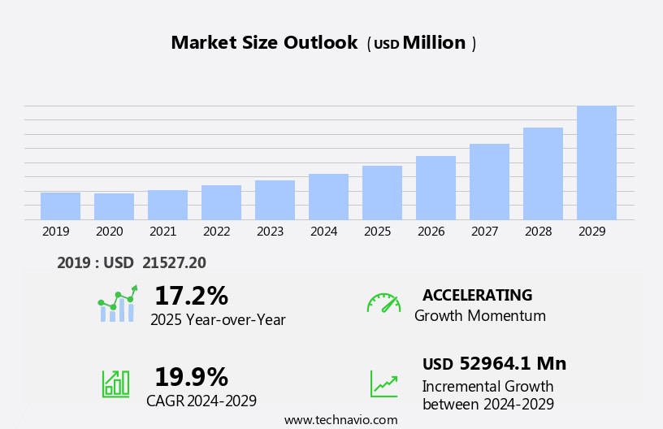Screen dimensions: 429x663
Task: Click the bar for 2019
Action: pyautogui.click(x=60, y=206)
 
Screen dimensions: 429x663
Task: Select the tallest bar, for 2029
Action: pyautogui.click(x=596, y=163)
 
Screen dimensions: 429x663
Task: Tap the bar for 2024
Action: pyautogui.click(x=328, y=197)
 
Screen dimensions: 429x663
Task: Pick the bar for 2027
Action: pyautogui.click(x=489, y=182)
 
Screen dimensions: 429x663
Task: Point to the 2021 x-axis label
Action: pyautogui.click(x=162, y=232)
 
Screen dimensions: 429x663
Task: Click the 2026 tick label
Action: pyautogui.click(x=431, y=232)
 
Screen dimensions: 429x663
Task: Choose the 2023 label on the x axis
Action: pyautogui.click(x=270, y=232)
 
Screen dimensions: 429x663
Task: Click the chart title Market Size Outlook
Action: pyautogui.click(x=264, y=43)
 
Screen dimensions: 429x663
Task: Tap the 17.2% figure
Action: pyautogui.click(x=191, y=296)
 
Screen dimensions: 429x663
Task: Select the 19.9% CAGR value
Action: pyautogui.click(x=191, y=377)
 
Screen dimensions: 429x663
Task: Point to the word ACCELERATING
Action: pyautogui.click(x=477, y=295)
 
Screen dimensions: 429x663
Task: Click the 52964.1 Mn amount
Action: pyautogui.click(x=513, y=363)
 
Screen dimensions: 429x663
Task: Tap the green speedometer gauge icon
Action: pyautogui.click(x=383, y=303)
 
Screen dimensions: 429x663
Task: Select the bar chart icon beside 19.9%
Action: pyautogui.click(x=115, y=383)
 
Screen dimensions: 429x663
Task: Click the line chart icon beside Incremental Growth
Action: pyautogui.click(x=383, y=383)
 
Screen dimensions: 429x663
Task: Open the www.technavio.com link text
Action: pyautogui.click(x=340, y=420)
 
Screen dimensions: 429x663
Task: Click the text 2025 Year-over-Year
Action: pyautogui.click(x=218, y=320)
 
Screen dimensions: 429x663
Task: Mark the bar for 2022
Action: pyautogui.click(x=221, y=202)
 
